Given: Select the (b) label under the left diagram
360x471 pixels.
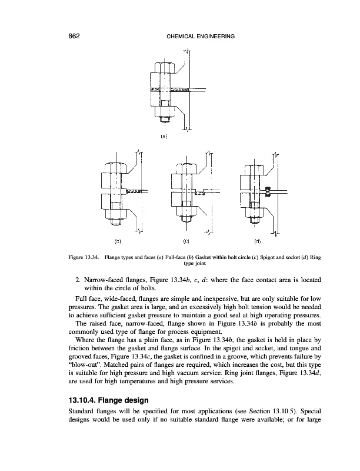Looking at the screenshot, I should pyautogui.click(x=117, y=241).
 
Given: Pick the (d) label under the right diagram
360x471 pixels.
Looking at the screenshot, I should pyautogui.click(x=257, y=241).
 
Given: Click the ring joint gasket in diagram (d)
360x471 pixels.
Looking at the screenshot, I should pyautogui.click(x=267, y=191).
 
